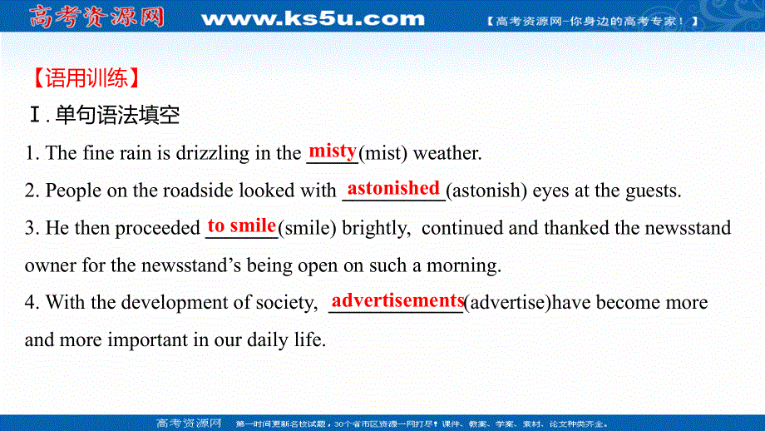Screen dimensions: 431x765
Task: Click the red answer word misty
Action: pyautogui.click(x=333, y=151)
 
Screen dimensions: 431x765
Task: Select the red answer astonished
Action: pyautogui.click(x=393, y=188)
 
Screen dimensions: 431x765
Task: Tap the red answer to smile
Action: pyautogui.click(x=242, y=225)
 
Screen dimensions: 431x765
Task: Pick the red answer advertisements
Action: pyautogui.click(x=397, y=300)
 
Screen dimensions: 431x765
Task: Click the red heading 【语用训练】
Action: pyautogui.click(x=82, y=79)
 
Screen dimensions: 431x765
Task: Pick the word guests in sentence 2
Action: pyautogui.click(x=656, y=191)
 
